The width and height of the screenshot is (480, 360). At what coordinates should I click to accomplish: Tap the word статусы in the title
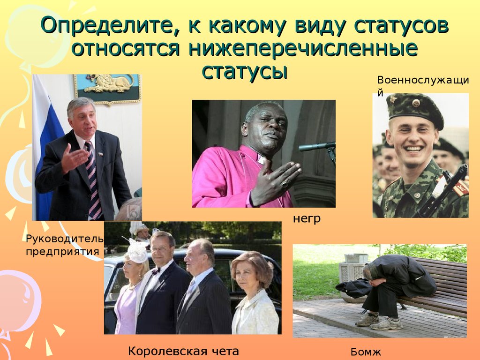click(244, 71)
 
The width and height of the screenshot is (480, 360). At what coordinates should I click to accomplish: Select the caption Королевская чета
click(184, 350)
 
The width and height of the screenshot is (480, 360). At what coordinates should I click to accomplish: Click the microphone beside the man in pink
click(316, 147)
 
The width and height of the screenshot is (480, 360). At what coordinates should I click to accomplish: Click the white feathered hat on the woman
click(137, 251)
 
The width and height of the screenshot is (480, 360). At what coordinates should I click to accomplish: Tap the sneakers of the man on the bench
click(379, 322)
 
